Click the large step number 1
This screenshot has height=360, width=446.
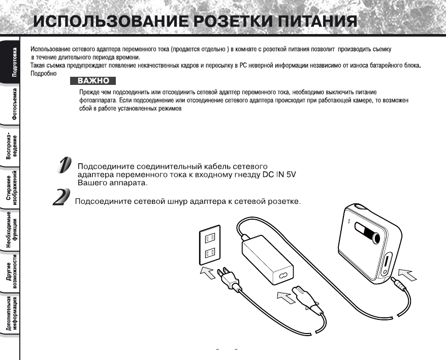click(x=64, y=166)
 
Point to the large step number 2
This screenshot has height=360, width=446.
click(x=61, y=197)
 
